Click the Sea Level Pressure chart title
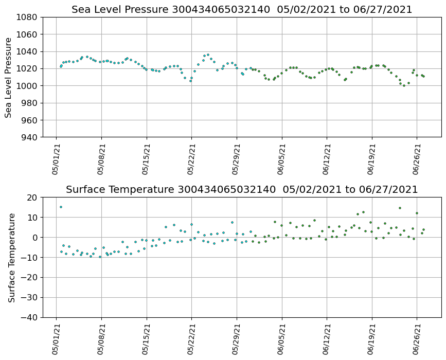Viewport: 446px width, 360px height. [x=242, y=10]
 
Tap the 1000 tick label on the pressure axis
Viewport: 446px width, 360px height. [x=27, y=86]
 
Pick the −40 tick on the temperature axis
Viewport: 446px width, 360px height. [x=29, y=317]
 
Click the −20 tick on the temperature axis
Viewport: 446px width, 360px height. [x=29, y=278]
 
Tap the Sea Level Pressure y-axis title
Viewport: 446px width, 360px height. [x=9, y=77]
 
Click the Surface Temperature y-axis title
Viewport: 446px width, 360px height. [x=11, y=257]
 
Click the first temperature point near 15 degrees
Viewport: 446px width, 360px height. [x=61, y=207]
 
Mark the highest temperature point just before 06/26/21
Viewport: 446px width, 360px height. [x=400, y=208]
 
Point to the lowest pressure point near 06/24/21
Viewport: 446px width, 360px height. [x=404, y=85]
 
